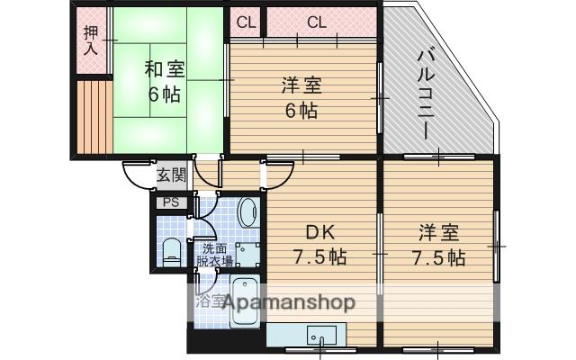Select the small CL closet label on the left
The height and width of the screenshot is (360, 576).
[x=245, y=22]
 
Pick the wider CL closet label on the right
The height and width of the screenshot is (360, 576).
[x=316, y=22]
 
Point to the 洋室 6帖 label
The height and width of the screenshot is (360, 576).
[x=301, y=97]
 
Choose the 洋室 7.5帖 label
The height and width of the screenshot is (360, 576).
[x=440, y=245]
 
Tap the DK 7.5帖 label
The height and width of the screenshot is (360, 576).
[x=319, y=244]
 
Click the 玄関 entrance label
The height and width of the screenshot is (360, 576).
[x=171, y=175]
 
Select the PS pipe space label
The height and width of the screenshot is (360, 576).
[x=170, y=202]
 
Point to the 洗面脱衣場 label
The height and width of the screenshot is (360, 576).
[x=216, y=255]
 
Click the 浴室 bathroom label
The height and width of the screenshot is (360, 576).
[x=211, y=301]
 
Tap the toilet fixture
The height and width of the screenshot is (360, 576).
[x=171, y=252]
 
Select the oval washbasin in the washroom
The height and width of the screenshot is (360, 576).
[x=248, y=214]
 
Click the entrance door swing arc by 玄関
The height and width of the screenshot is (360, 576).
[x=138, y=174]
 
